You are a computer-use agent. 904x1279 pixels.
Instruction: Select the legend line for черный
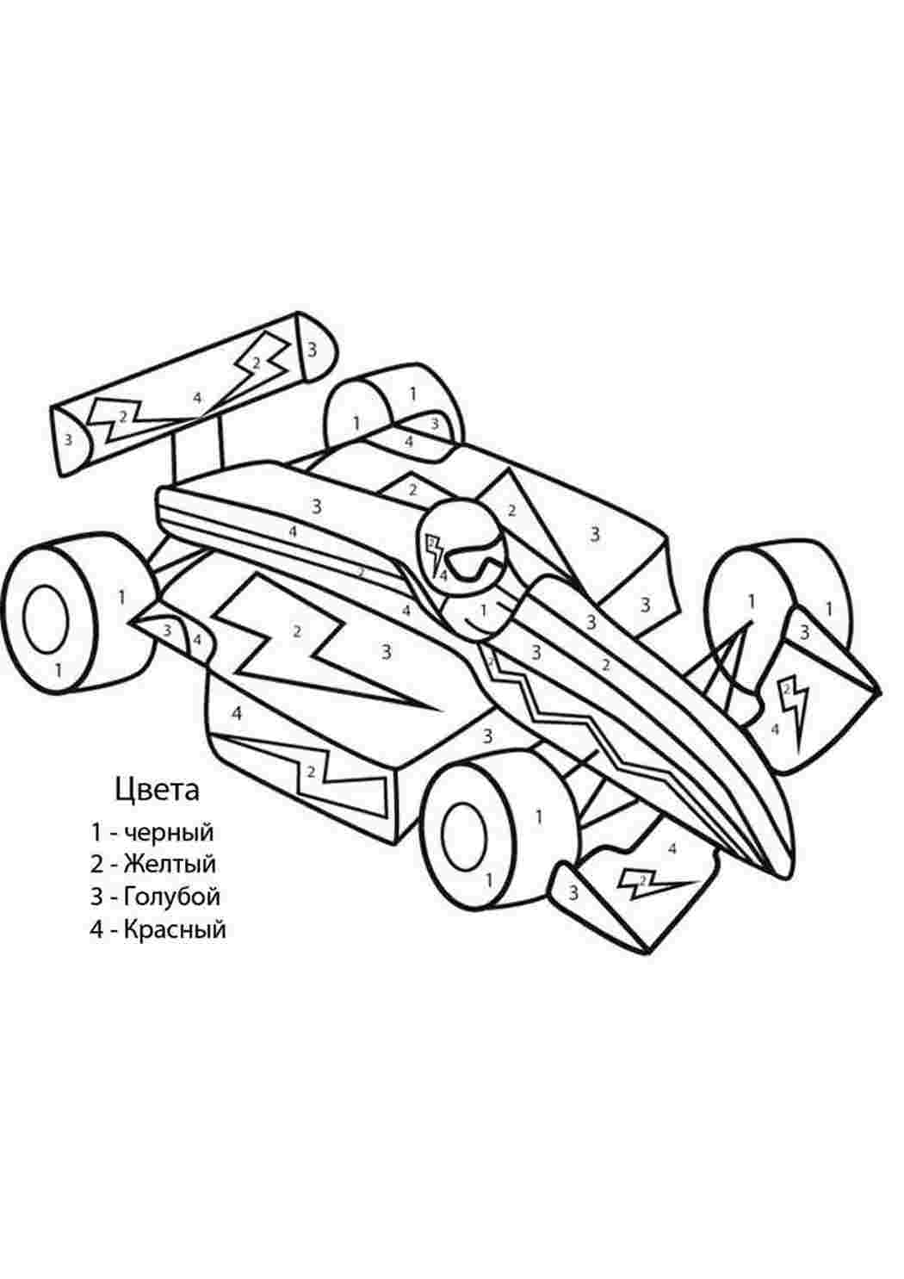pyautogui.click(x=152, y=832)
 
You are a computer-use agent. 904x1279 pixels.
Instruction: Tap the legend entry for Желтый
pyautogui.click(x=153, y=865)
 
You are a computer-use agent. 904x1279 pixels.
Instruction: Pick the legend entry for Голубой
pyautogui.click(x=155, y=897)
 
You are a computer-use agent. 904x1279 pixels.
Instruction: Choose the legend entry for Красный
pyautogui.click(x=158, y=929)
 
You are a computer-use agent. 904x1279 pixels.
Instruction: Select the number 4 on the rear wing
pyautogui.click(x=197, y=397)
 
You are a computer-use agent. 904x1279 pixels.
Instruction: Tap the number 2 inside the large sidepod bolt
pyautogui.click(x=297, y=631)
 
